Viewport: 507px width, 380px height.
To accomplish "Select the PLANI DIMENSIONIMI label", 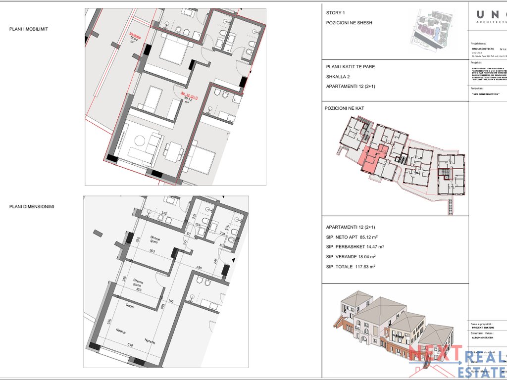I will (x=32, y=206).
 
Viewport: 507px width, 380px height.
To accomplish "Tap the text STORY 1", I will (x=336, y=13).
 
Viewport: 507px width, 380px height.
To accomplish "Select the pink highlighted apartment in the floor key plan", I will (x=373, y=157).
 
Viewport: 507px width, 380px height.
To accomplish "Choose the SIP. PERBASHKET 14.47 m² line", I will (x=355, y=246).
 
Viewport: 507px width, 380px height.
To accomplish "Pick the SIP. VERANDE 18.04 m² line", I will (x=351, y=256).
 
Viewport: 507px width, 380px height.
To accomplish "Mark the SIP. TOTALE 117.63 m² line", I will (x=351, y=267).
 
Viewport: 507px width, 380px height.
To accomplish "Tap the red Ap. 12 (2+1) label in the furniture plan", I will (x=188, y=98).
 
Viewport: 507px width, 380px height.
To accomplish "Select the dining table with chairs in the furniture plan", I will (x=173, y=151).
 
